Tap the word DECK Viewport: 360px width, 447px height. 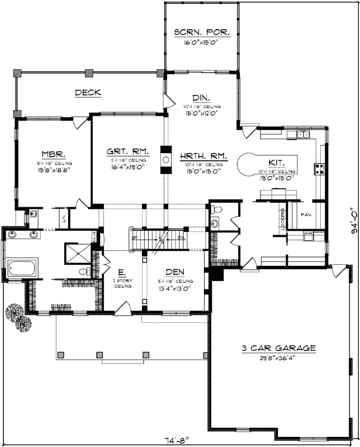[88, 93]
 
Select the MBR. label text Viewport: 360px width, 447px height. [54, 154]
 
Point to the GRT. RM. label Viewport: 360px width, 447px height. [128, 151]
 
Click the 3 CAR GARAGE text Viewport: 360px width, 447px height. [278, 348]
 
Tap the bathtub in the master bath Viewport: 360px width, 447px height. [22, 268]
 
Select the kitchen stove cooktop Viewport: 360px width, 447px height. [320, 168]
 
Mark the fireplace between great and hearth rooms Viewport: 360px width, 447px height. [166, 160]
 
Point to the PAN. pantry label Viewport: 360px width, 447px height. [305, 214]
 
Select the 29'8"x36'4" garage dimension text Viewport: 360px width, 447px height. [278, 358]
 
